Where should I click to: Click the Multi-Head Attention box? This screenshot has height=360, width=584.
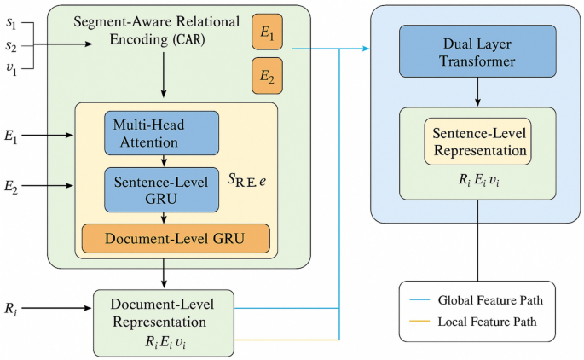click(162, 132)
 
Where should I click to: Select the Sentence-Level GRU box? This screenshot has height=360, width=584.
click(162, 189)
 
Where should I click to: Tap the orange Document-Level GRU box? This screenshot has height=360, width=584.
click(176, 239)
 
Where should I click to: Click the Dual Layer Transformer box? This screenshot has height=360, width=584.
click(477, 55)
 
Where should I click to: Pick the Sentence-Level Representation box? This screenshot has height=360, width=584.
click(477, 142)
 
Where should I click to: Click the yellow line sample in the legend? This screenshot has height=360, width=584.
click(418, 323)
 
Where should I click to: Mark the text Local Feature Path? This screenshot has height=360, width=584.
click(486, 323)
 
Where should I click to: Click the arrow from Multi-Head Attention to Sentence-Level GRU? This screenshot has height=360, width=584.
click(162, 160)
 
